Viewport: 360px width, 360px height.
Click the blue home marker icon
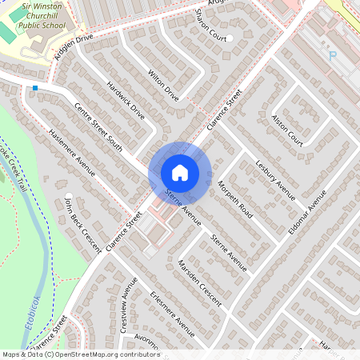point(180,173)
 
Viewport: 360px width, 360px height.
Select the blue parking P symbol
point(333,55)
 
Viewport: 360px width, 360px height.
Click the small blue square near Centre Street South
point(35,88)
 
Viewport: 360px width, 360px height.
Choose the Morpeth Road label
point(234,201)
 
